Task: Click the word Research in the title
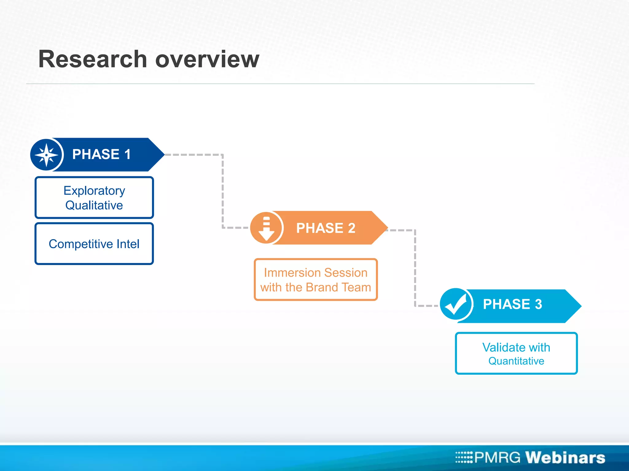pyautogui.click(x=93, y=59)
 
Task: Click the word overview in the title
pyautogui.click(x=207, y=59)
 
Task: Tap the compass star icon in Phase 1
pyautogui.click(x=46, y=155)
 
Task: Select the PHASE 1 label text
pyautogui.click(x=101, y=154)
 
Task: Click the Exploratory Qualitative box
pyautogui.click(x=94, y=198)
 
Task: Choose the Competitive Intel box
pyautogui.click(x=94, y=244)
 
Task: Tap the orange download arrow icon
pyautogui.click(x=266, y=228)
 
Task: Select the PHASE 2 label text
pyautogui.click(x=326, y=228)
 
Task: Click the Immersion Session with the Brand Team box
pyautogui.click(x=316, y=280)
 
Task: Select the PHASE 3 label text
pyautogui.click(x=512, y=304)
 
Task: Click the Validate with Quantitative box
pyautogui.click(x=516, y=354)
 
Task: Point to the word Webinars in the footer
pyautogui.click(x=565, y=458)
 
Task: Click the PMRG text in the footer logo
pyautogui.click(x=497, y=458)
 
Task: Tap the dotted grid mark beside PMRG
pyautogui.click(x=464, y=457)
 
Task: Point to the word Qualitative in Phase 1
pyautogui.click(x=94, y=205)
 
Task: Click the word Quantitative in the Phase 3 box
pyautogui.click(x=516, y=361)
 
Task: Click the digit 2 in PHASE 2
pyautogui.click(x=351, y=228)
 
